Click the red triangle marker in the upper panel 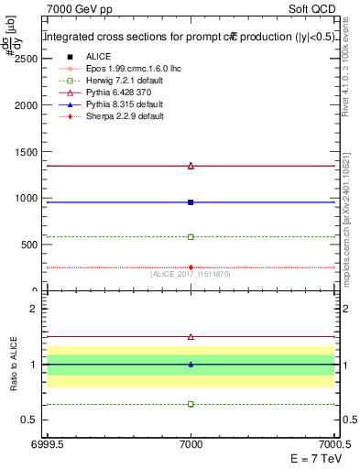point(191,166)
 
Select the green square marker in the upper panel point(191,236)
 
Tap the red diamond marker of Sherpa point(191,267)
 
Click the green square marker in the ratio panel point(191,404)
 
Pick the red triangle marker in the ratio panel point(191,337)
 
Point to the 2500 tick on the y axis point(25,58)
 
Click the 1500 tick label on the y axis point(25,151)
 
